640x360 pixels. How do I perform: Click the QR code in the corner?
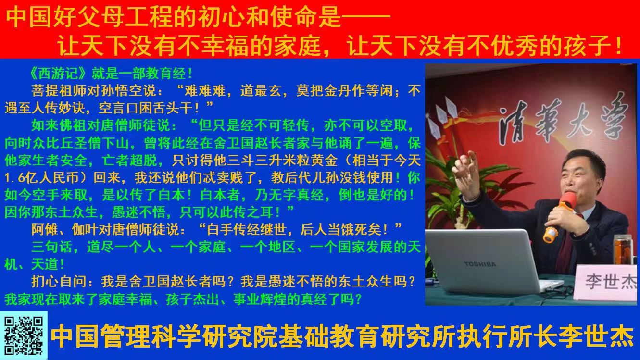[x=24, y=335]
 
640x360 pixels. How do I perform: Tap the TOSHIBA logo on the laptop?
[x=480, y=264]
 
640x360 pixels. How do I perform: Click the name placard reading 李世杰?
[x=607, y=282]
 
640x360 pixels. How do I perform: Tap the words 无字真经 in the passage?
[x=297, y=195]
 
